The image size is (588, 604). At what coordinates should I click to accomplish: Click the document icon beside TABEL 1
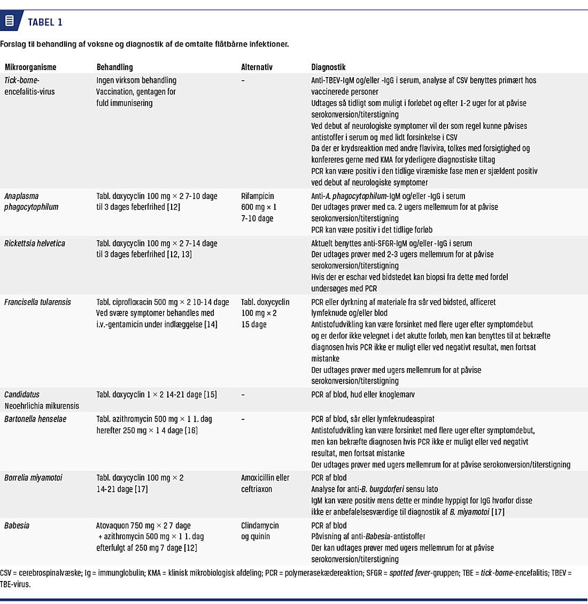pyautogui.click(x=9, y=21)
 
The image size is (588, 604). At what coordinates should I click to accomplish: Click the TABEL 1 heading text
pyautogui.click(x=45, y=22)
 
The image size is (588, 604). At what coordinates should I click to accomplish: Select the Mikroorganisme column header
pyautogui.click(x=30, y=67)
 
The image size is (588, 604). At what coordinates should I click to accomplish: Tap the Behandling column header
pyautogui.click(x=114, y=67)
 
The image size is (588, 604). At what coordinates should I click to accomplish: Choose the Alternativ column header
pyautogui.click(x=257, y=67)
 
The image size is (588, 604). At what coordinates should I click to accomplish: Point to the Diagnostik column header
pyautogui.click(x=328, y=67)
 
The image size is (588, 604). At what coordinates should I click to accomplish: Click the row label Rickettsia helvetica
pyautogui.click(x=35, y=243)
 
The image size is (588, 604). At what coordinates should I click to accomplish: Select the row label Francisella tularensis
pyautogui.click(x=37, y=302)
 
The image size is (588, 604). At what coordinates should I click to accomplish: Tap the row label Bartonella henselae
pyautogui.click(x=35, y=419)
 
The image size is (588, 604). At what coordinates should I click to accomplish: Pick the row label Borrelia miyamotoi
pyautogui.click(x=33, y=478)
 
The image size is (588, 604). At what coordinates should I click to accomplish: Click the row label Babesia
pyautogui.click(x=17, y=526)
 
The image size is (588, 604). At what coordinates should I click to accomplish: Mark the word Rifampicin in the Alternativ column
pyautogui.click(x=258, y=196)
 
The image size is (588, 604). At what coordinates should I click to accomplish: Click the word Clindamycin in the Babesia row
pyautogui.click(x=260, y=526)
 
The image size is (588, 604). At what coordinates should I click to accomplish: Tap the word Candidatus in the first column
pyautogui.click(x=22, y=395)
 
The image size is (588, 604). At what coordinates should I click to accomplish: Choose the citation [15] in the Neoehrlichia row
pyautogui.click(x=210, y=395)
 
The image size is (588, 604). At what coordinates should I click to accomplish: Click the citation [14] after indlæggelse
pyautogui.click(x=211, y=325)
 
